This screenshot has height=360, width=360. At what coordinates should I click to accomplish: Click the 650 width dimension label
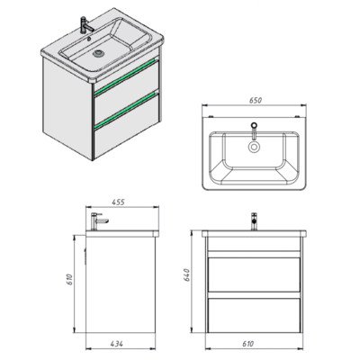click(256, 100)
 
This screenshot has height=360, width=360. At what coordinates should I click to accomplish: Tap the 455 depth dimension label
click(118, 202)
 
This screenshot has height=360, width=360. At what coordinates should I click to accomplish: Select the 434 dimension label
click(116, 344)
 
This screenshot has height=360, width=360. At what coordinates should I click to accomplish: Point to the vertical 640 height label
click(186, 275)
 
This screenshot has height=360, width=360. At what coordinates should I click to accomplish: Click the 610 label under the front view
click(247, 344)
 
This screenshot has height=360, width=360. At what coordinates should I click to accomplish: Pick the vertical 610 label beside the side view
click(69, 279)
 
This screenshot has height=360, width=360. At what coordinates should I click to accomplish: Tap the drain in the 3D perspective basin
click(97, 53)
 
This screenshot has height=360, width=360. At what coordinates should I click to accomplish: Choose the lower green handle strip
click(126, 109)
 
